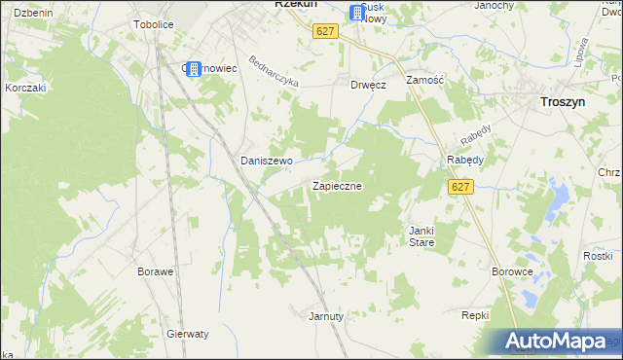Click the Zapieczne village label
click(x=337, y=185)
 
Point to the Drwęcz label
click(x=369, y=85)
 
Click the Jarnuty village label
click(x=326, y=316)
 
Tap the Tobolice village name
click(x=153, y=25)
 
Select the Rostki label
click(x=596, y=255)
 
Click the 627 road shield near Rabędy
click(x=460, y=187)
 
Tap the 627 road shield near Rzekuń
click(x=325, y=31)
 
